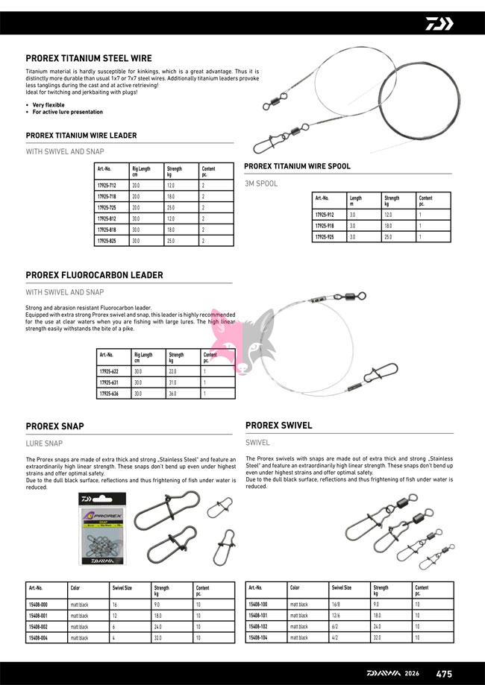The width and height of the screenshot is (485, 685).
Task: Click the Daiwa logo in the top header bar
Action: click(439, 23)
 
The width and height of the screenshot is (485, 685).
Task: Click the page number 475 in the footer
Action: click(444, 673)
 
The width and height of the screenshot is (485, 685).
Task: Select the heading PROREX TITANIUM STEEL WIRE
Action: click(89, 58)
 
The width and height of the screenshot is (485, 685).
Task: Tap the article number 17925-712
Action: click(107, 184)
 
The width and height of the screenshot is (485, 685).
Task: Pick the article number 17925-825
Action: click(107, 241)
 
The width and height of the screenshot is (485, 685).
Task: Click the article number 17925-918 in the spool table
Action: click(325, 225)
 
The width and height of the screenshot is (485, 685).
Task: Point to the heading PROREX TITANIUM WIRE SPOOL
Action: click(297, 166)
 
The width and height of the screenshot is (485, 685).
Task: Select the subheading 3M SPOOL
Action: click(261, 183)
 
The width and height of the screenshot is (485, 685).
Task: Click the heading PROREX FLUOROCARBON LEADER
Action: click(94, 275)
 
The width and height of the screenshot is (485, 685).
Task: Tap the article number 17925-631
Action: click(109, 382)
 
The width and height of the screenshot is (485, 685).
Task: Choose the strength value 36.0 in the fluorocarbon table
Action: click(172, 393)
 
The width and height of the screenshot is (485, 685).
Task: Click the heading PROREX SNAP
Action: click(54, 426)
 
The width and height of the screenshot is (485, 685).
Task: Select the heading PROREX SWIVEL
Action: click(278, 426)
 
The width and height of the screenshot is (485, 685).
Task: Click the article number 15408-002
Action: click(37, 627)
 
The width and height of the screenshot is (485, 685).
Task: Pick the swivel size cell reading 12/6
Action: click(337, 616)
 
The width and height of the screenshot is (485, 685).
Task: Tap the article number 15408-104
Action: click(257, 638)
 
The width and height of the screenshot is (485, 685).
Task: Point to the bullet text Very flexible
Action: click(48, 105)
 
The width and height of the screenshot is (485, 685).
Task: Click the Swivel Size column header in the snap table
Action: click(122, 588)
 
